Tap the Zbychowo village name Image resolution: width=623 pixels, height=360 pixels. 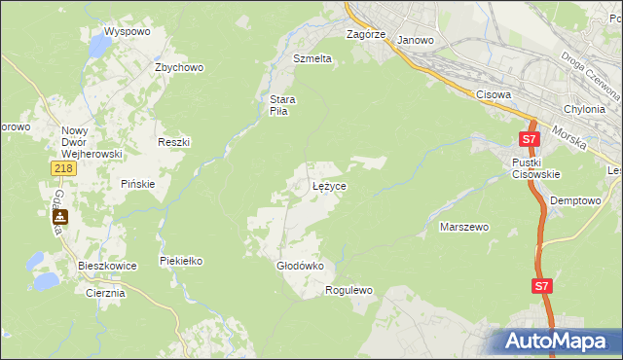pyautogui.click(x=178, y=67)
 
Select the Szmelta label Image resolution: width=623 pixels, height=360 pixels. pyautogui.click(x=312, y=58)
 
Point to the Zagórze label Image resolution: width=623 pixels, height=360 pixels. pyautogui.click(x=367, y=34)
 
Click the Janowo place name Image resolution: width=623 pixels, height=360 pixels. pyautogui.click(x=416, y=41)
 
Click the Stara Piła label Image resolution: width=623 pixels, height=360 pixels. pyautogui.click(x=282, y=105)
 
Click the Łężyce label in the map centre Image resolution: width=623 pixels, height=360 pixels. pyautogui.click(x=329, y=185)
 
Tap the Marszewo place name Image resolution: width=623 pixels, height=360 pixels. pyautogui.click(x=464, y=227)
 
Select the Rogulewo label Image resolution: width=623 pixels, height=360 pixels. pyautogui.click(x=349, y=290)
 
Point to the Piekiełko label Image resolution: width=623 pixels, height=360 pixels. pyautogui.click(x=180, y=261)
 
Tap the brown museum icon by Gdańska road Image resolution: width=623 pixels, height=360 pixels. pyautogui.click(x=60, y=218)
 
